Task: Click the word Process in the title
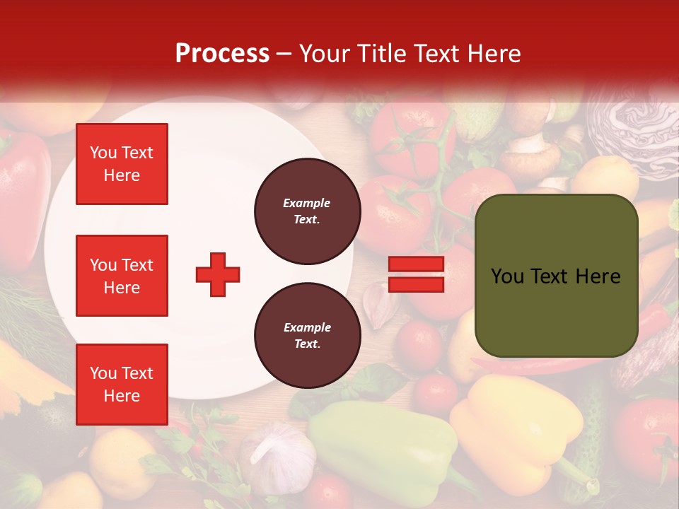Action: [x=222, y=54]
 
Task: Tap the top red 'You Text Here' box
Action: [x=122, y=164]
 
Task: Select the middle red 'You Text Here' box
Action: [x=122, y=276]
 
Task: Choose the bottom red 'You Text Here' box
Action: [x=122, y=385]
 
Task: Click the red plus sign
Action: [x=218, y=274]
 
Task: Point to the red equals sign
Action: [x=416, y=274]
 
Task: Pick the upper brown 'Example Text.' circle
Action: [x=307, y=211]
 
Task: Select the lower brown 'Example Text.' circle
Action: [x=307, y=336]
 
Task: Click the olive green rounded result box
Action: [x=556, y=276]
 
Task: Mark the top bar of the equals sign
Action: [x=416, y=264]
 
